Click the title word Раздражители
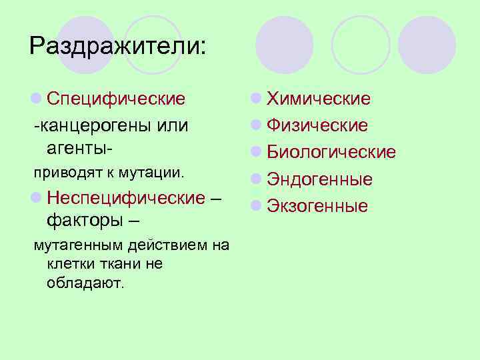pyautogui.click(x=119, y=46)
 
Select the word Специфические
pyautogui.click(x=117, y=99)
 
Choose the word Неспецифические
pyautogui.click(x=126, y=198)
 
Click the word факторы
pyautogui.click(x=85, y=219)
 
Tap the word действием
pyautogui.click(x=166, y=245)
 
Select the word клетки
pyautogui.click(x=69, y=264)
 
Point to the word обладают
pyautogui.click(x=85, y=283)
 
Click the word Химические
pyautogui.click(x=319, y=99)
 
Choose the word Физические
pyautogui.click(x=317, y=125)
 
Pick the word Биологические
pyautogui.click(x=331, y=152)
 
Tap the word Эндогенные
pyautogui.click(x=319, y=179)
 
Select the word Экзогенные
pyautogui.click(x=317, y=206)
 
